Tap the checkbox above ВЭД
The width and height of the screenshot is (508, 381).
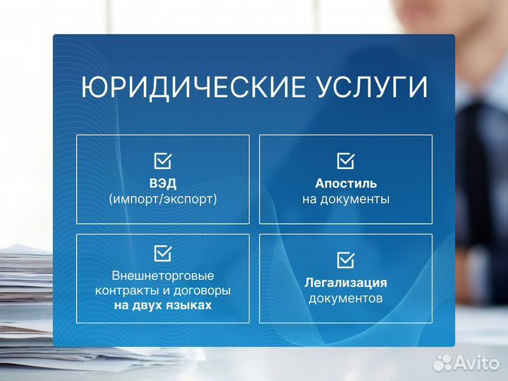click(x=162, y=161)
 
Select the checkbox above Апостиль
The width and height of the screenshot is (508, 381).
click(x=346, y=161)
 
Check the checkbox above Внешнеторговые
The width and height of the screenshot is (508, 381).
click(x=162, y=252)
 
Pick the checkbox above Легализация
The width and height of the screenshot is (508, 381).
click(x=346, y=260)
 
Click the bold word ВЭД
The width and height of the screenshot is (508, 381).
click(x=162, y=183)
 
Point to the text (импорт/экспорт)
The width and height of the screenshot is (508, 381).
click(x=162, y=199)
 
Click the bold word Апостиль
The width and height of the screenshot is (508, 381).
click(x=346, y=183)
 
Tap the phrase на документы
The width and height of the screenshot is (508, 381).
click(x=346, y=199)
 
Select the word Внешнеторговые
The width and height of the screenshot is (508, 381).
click(x=162, y=275)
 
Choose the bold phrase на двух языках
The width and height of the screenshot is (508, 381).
click(x=162, y=306)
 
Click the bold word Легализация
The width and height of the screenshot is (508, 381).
click(x=346, y=283)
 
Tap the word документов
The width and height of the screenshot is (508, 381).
click(x=346, y=298)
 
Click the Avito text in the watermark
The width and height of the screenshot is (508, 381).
click(x=477, y=362)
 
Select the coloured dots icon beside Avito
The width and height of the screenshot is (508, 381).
click(x=443, y=362)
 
